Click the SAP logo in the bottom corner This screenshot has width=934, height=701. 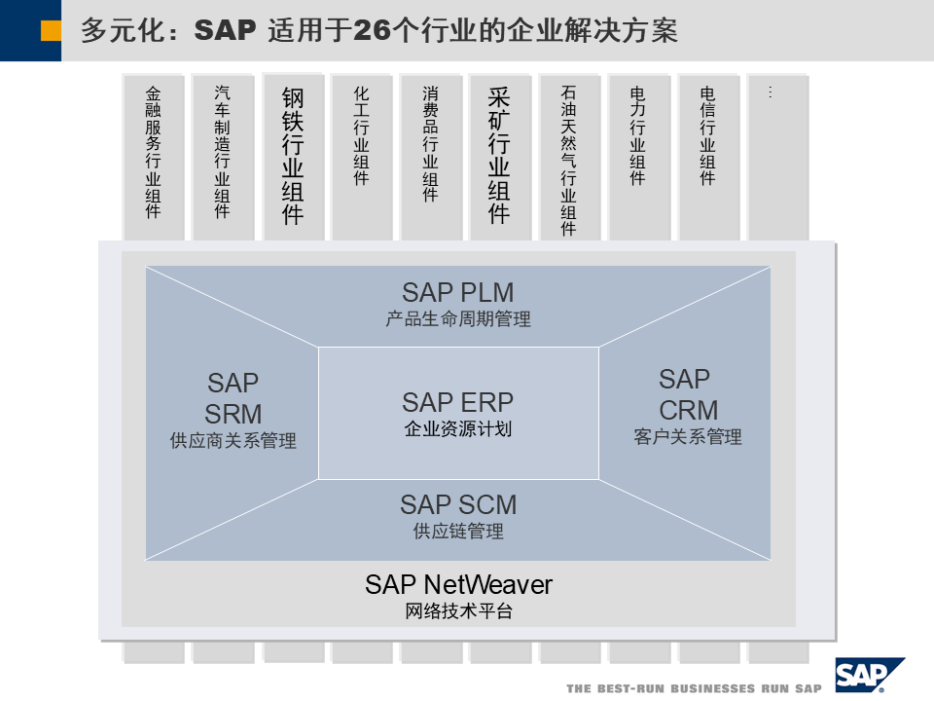tap(868, 675)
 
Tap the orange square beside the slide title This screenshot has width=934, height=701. tap(52, 31)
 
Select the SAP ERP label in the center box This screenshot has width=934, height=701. tap(457, 402)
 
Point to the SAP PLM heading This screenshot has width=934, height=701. tap(457, 292)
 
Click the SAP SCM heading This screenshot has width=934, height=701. tap(457, 504)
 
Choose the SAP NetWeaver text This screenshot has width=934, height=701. tap(458, 584)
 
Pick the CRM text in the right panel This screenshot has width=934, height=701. tap(688, 410)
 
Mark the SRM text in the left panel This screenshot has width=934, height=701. tap(233, 413)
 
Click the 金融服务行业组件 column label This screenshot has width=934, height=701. tap(153, 152)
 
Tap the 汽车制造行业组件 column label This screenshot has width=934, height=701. tap(223, 152)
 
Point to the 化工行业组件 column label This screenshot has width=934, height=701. tap(361, 135)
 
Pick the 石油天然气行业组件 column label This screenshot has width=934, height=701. tap(569, 161)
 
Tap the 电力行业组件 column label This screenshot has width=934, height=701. tap(637, 135)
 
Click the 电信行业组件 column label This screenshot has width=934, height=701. tap(707, 135)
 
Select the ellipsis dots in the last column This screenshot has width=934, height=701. tap(770, 92)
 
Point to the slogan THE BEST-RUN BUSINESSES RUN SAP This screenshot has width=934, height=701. tap(694, 688)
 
